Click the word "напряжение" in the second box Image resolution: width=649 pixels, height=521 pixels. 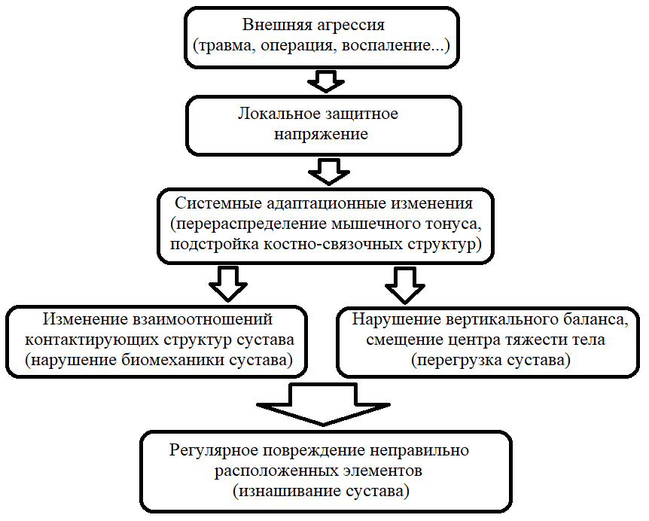click(321, 135)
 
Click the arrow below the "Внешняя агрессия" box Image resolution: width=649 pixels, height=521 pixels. click(326, 81)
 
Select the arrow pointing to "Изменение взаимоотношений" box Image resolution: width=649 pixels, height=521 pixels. click(228, 284)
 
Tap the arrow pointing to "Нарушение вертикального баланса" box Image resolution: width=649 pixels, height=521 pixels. click(405, 285)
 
